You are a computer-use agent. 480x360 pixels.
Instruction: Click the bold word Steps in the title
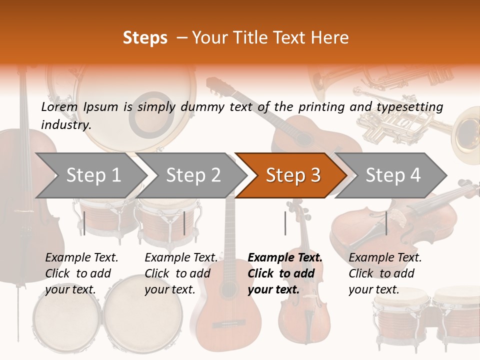(145, 38)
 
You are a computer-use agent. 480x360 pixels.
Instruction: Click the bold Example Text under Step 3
(285, 258)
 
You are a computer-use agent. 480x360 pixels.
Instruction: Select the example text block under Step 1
(81, 273)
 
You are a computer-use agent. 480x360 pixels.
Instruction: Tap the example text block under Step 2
(181, 273)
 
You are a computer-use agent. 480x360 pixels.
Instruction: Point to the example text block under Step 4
(385, 273)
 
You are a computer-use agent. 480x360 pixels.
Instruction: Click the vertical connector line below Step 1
(84, 223)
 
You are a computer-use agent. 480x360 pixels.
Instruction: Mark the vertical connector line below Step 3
(285, 223)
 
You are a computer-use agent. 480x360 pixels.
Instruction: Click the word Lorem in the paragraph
(59, 107)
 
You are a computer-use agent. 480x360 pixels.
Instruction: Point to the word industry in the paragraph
(66, 125)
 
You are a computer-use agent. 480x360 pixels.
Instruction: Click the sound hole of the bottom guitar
(228, 290)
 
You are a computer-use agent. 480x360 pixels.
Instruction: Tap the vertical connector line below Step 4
(386, 223)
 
